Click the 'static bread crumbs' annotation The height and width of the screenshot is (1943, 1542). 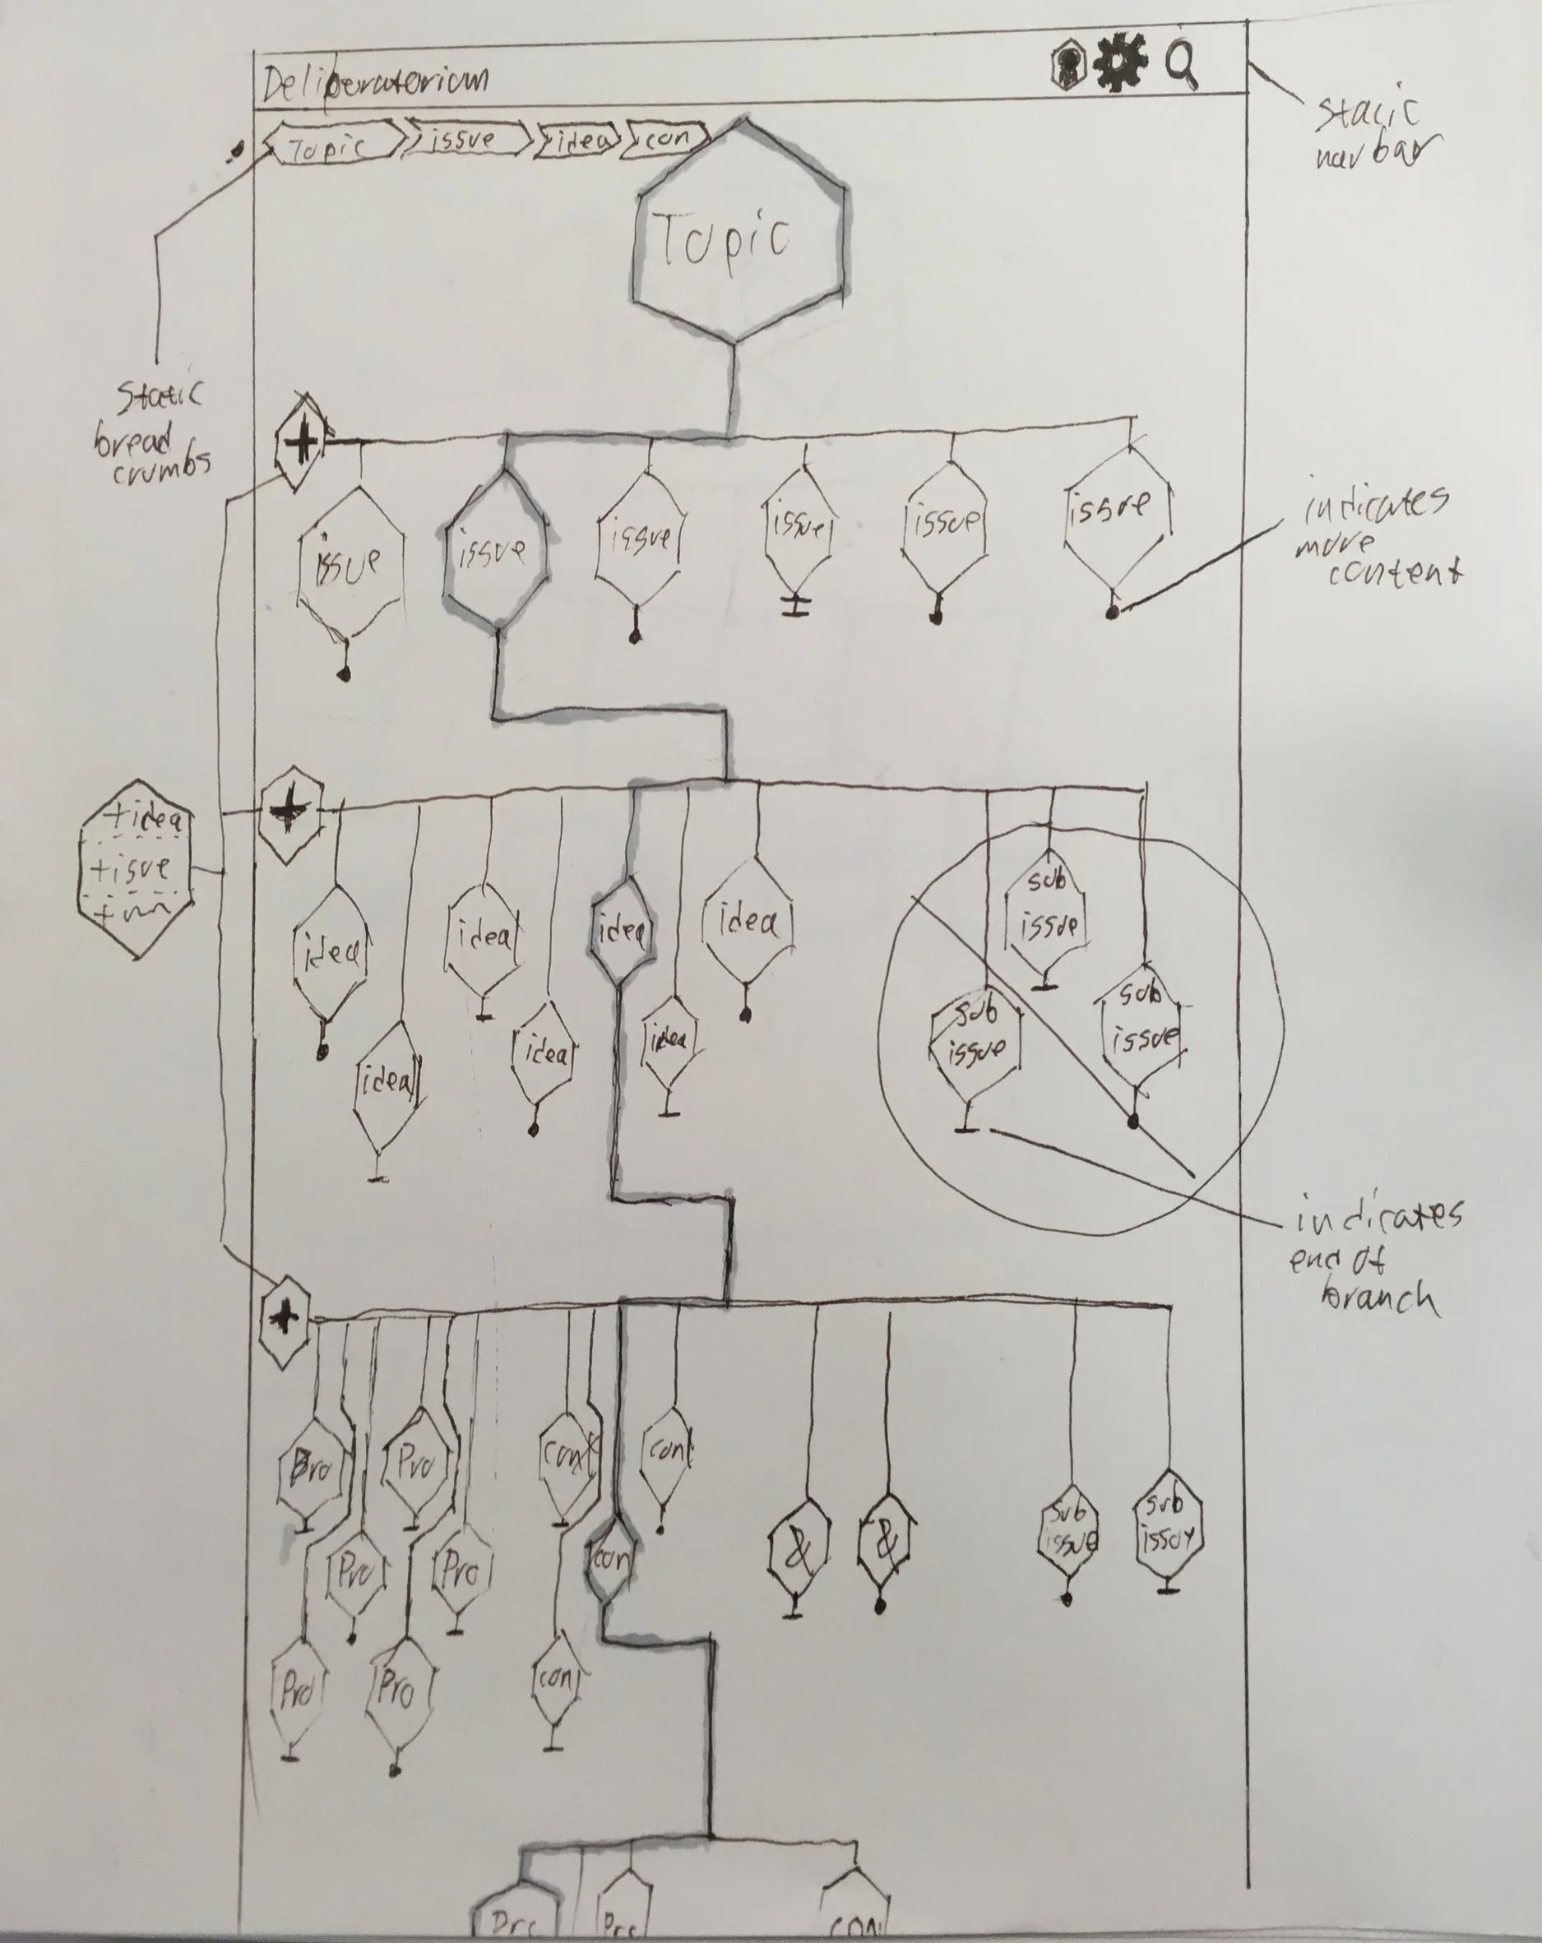click(x=157, y=433)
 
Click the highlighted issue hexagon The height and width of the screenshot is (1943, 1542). click(x=494, y=552)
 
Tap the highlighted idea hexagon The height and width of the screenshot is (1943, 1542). click(x=622, y=932)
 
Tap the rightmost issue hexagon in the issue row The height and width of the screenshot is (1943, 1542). click(x=1114, y=509)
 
